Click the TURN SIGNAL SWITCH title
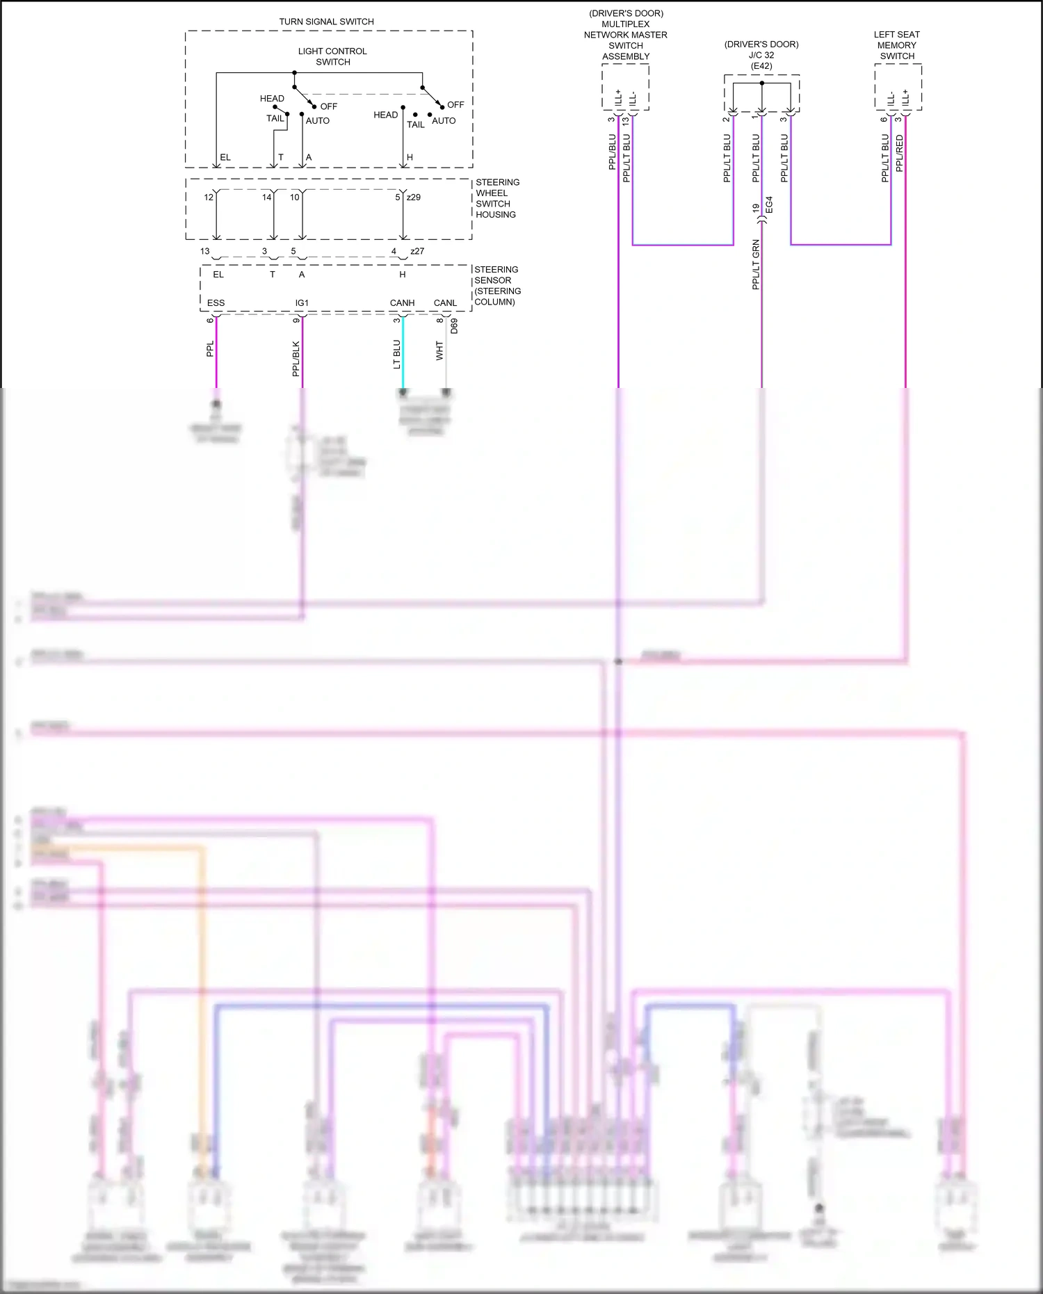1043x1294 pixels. click(326, 22)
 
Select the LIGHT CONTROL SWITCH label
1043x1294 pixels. click(332, 56)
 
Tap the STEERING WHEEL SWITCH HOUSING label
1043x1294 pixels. click(496, 198)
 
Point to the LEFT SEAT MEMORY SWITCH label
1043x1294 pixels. click(896, 45)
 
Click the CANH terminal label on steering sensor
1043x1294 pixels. click(402, 303)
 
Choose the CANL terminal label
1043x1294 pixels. click(445, 303)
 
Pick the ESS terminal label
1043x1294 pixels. click(216, 303)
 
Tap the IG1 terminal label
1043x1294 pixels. click(302, 303)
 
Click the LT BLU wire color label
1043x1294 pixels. click(396, 354)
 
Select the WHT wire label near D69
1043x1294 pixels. click(439, 350)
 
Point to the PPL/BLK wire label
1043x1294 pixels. click(296, 359)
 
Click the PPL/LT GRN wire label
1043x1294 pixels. click(756, 264)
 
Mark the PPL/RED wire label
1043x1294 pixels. click(900, 154)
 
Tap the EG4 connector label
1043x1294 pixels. click(769, 205)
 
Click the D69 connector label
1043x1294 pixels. click(454, 325)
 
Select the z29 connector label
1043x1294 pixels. click(413, 197)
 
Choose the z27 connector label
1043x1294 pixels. click(417, 251)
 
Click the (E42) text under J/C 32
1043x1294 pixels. click(761, 66)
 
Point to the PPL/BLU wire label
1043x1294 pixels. click(612, 152)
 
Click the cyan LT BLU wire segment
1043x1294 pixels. click(403, 362)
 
